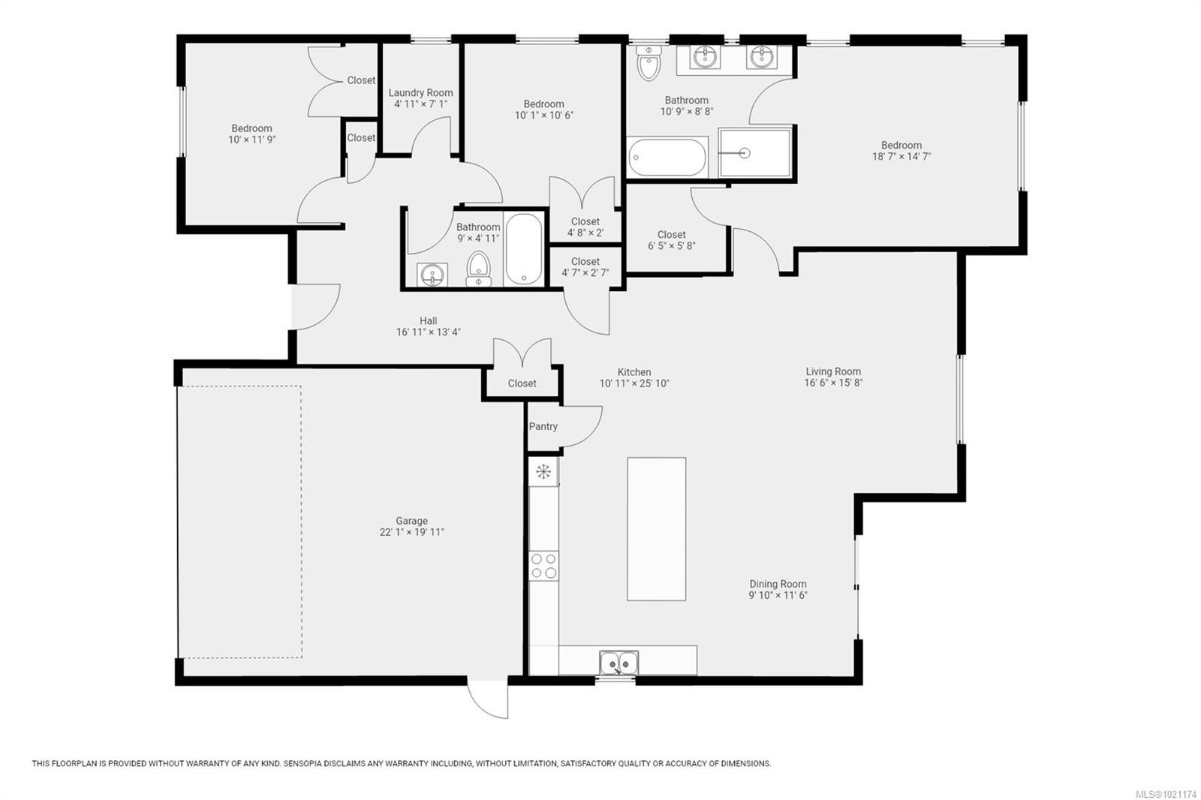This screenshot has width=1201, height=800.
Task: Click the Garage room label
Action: click(412, 521)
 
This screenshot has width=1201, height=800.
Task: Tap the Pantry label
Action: click(543, 426)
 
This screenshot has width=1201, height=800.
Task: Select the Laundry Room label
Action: click(421, 93)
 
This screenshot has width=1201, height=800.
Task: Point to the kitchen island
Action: click(656, 528)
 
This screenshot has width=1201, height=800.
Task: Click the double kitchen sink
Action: click(619, 663)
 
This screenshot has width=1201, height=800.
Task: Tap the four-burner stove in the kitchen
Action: click(543, 566)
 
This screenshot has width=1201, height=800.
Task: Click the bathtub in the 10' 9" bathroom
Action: click(667, 157)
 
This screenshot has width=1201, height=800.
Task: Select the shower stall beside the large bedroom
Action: click(755, 153)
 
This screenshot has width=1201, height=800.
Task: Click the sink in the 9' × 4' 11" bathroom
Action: click(432, 275)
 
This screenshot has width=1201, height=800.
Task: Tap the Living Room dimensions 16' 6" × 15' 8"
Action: click(833, 383)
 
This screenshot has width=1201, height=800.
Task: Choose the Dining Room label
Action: click(778, 584)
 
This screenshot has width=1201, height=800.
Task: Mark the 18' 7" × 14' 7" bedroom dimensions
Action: click(902, 157)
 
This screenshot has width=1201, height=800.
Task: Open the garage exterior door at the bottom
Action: click(488, 699)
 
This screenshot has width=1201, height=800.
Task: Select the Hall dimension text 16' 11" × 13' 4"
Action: click(429, 332)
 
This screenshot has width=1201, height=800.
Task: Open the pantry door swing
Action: click(581, 427)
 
